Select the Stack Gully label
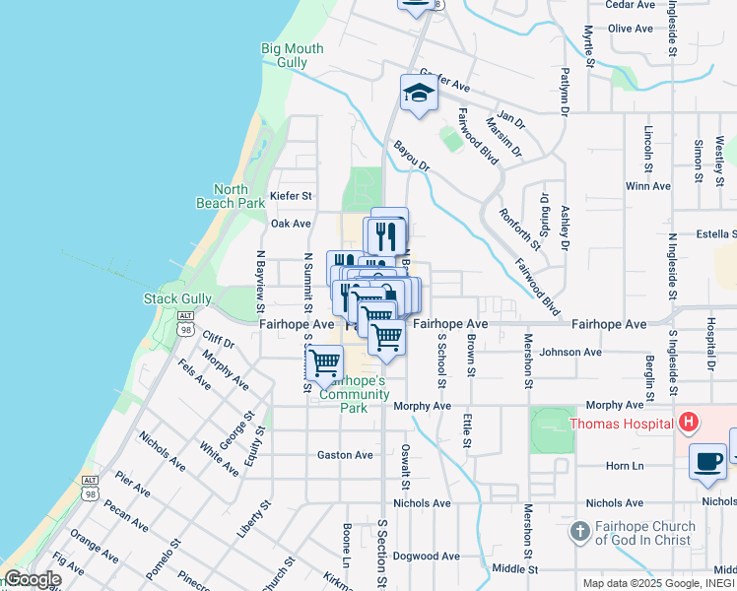coord(178,298)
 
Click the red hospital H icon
coord(689,424)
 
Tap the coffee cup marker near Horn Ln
coord(707,462)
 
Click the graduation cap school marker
coord(418,94)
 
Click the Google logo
coord(32,579)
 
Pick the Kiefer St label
coord(291,196)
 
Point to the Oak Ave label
coord(292,224)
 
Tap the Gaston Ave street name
coord(345,455)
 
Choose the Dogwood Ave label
coord(427,556)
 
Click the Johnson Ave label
coord(570,352)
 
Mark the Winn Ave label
coord(647,185)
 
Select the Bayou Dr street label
coord(412,156)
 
